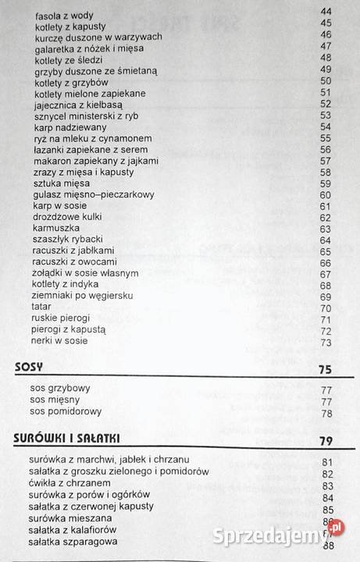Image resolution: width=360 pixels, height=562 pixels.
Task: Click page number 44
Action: point(326,12)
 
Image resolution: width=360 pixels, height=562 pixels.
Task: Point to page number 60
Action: point(326,194)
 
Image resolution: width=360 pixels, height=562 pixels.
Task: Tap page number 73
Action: point(326,342)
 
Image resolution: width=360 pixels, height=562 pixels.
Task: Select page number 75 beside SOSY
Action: point(326,369)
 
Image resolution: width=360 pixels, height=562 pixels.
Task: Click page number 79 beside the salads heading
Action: point(326,441)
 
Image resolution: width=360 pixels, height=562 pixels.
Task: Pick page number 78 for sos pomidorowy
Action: point(326,413)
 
